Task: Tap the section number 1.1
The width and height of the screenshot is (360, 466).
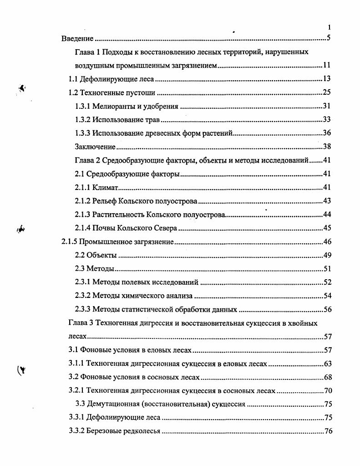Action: point(74,79)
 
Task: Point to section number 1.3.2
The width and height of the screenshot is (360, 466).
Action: point(82,120)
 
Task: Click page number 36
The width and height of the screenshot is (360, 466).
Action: point(326,133)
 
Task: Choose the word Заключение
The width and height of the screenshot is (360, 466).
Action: point(95,147)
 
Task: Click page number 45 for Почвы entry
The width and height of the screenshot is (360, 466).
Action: point(326,228)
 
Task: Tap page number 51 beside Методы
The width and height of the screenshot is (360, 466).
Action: point(326,268)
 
